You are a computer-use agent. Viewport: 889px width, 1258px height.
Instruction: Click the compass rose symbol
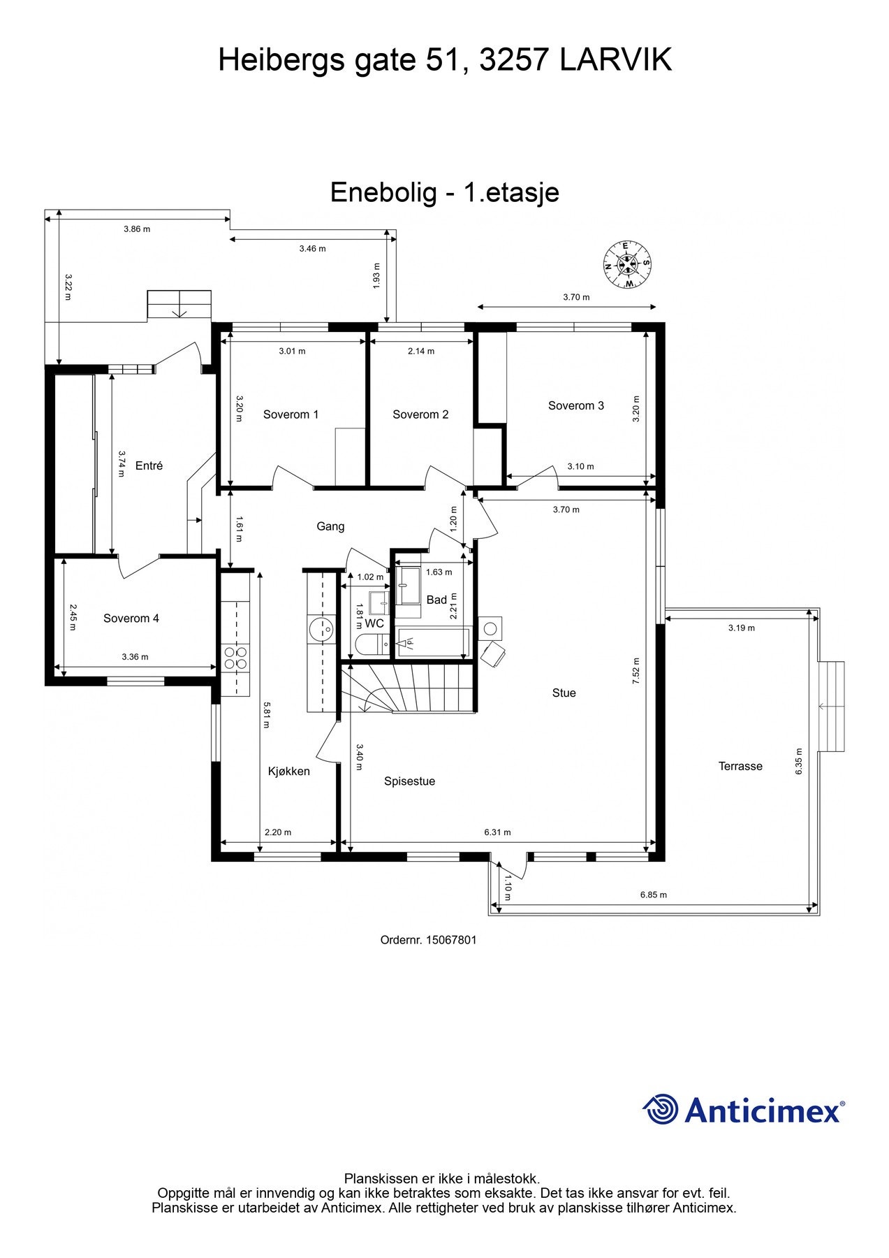[x=627, y=264]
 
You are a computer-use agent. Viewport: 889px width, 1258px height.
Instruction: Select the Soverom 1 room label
[x=291, y=414]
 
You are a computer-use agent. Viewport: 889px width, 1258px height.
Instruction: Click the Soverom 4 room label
[x=131, y=618]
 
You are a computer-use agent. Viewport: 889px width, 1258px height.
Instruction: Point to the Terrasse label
[x=740, y=766]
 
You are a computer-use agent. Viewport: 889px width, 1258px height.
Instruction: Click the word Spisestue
[x=409, y=781]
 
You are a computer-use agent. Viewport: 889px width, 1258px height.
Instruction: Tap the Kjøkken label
[x=288, y=771]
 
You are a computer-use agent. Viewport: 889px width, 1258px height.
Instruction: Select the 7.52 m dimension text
[x=635, y=671]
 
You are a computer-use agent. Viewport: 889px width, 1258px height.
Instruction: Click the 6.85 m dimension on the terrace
[x=653, y=895]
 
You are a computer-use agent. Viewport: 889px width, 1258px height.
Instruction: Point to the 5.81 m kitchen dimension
[x=266, y=715]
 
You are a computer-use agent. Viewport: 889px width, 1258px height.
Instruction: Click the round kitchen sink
[x=322, y=628]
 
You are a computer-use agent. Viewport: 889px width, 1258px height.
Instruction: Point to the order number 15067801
[x=428, y=940]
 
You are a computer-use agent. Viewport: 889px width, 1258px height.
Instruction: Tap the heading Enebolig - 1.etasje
[x=444, y=192]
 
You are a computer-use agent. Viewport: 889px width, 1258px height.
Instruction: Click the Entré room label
[x=149, y=465]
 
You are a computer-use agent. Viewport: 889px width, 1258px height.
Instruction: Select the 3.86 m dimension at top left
[x=136, y=229]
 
